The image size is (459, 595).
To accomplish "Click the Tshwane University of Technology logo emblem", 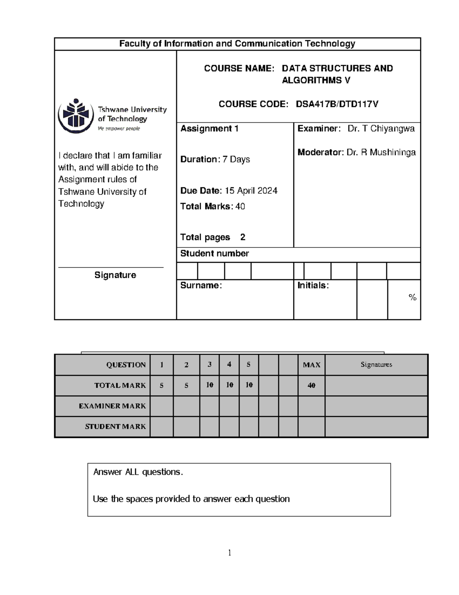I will click(x=76, y=115).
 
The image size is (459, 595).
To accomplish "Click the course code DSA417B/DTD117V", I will click(x=337, y=104).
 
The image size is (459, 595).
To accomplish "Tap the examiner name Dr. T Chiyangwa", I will click(x=381, y=129).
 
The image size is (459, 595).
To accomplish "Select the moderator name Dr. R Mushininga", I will click(x=381, y=152).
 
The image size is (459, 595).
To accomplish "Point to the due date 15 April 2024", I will click(x=251, y=191).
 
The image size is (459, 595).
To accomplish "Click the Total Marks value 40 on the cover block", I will click(x=240, y=207).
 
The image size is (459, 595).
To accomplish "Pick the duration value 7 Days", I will click(x=236, y=159).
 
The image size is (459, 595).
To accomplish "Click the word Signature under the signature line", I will click(x=115, y=275).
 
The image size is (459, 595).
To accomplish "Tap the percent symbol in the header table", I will click(x=412, y=297).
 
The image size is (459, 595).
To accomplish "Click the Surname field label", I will click(x=201, y=285).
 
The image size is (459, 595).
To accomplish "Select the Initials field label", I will click(x=313, y=285).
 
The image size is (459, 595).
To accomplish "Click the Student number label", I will click(x=214, y=254).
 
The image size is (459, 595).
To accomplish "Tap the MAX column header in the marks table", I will click(x=311, y=365).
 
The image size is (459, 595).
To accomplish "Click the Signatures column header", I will click(x=376, y=365).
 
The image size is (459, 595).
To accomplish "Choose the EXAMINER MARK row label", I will click(x=112, y=406).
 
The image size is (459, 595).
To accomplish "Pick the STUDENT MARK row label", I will click(x=115, y=426).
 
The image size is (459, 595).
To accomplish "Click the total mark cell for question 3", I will click(x=210, y=385).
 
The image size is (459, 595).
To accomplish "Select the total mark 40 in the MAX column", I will click(x=311, y=385).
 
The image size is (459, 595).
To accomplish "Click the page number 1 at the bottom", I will click(x=229, y=552).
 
